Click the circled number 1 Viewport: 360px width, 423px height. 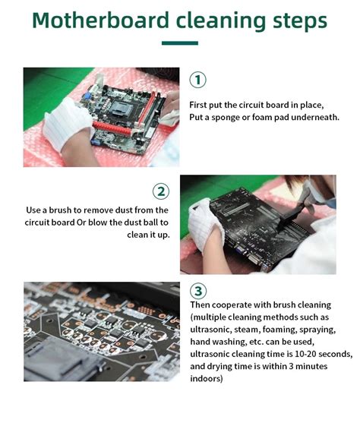click(197, 80)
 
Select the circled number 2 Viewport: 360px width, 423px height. click(160, 191)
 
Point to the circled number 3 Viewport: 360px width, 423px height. click(197, 291)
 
